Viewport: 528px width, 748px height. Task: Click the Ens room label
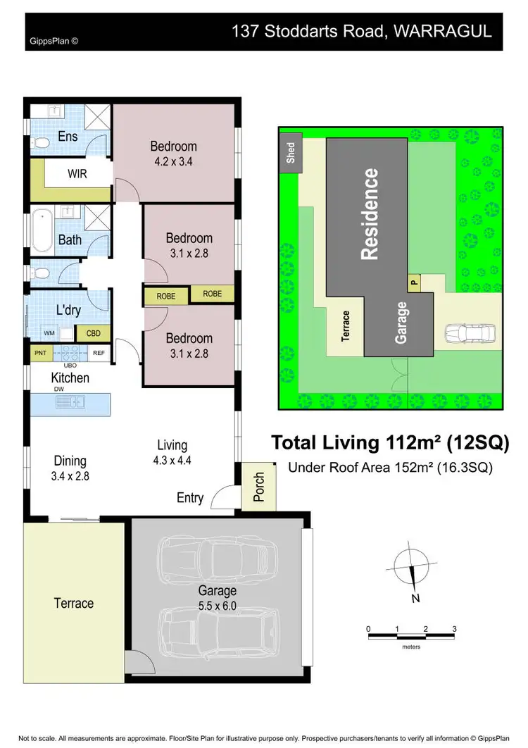click(x=68, y=137)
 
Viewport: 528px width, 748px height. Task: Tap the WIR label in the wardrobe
click(x=77, y=173)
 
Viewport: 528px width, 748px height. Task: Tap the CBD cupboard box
click(x=93, y=334)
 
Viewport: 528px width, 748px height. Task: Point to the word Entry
click(x=190, y=498)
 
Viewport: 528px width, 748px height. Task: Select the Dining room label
click(x=70, y=461)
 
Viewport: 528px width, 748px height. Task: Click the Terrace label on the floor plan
click(x=74, y=603)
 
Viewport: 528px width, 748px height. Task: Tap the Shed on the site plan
click(x=291, y=154)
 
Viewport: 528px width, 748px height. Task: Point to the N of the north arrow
click(x=415, y=599)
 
